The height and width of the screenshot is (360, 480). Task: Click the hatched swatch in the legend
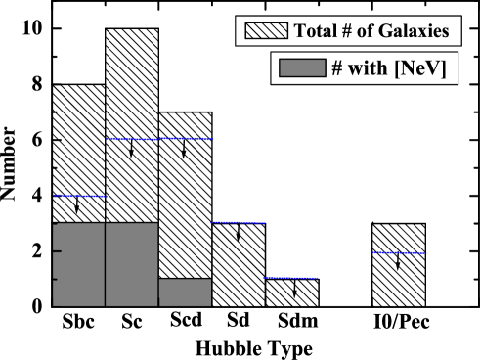click(x=265, y=30)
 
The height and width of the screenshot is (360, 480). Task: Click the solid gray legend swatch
click(x=300, y=68)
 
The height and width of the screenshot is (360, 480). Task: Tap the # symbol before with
click(x=336, y=68)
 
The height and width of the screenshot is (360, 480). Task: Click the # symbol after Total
click(x=347, y=30)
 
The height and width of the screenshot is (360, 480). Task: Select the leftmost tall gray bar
click(x=78, y=264)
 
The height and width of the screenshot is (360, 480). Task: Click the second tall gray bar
click(x=131, y=264)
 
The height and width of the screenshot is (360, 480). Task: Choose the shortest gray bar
click(x=184, y=292)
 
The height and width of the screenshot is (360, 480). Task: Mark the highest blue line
click(x=159, y=139)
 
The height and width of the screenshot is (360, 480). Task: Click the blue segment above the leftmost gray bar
click(x=79, y=196)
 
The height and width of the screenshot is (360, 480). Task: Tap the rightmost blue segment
click(x=399, y=252)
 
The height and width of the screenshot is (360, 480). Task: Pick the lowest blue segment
click(x=290, y=278)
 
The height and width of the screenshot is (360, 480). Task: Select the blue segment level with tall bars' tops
click(x=238, y=222)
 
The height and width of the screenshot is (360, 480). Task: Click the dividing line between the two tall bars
click(x=105, y=264)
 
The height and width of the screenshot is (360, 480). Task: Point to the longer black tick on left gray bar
click(x=58, y=251)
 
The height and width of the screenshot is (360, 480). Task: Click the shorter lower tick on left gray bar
click(x=56, y=279)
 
